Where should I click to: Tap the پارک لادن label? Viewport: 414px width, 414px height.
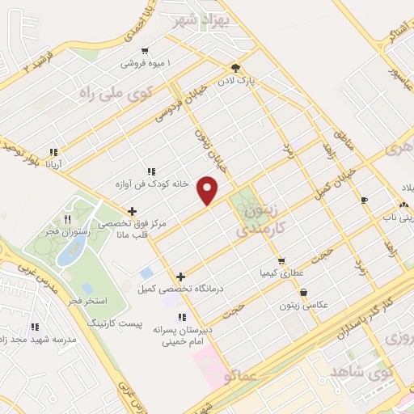[x=235, y=81]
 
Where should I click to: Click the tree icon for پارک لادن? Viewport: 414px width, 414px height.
[x=235, y=68]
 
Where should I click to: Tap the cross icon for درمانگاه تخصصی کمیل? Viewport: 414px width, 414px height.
[x=180, y=277]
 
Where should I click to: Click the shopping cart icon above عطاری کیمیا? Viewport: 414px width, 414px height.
[x=281, y=260]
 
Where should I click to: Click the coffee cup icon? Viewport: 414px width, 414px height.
[x=364, y=199]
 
